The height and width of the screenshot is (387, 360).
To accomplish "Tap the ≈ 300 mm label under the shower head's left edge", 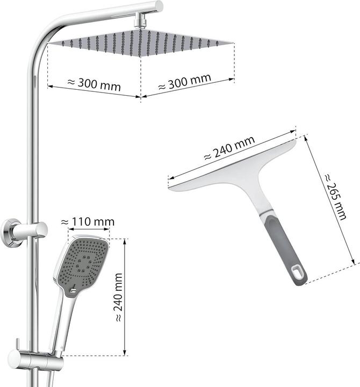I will click(x=93, y=84).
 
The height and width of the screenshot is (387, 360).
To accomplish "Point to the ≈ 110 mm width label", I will click(x=88, y=221).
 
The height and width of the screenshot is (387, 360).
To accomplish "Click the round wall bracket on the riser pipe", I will click(x=10, y=233).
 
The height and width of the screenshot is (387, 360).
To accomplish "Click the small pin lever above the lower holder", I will click(x=18, y=344).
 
